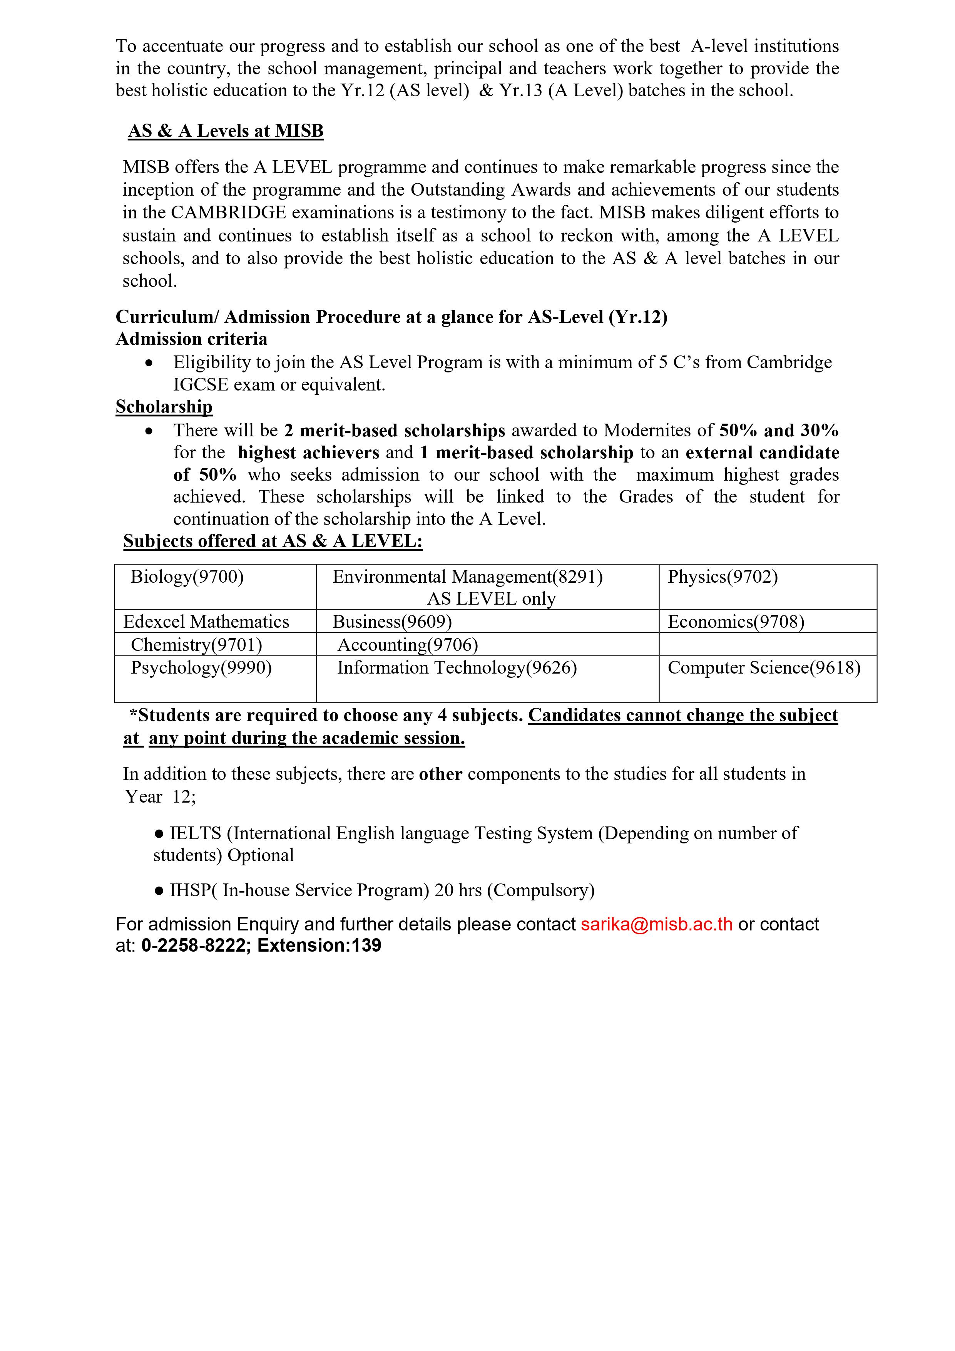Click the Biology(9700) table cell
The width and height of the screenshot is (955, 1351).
coord(187,577)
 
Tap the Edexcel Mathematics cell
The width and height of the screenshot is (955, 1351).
coord(206,622)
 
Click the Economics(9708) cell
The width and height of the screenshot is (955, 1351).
coord(736,622)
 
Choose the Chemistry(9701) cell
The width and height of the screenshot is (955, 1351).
coord(196,645)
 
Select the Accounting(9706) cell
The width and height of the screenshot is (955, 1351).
coord(408,645)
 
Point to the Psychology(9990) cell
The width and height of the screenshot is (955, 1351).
coord(201,668)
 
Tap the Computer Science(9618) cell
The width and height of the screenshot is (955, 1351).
coord(764,668)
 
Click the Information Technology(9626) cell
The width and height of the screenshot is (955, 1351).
coord(457,668)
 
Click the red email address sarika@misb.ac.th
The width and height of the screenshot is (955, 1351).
coord(656,924)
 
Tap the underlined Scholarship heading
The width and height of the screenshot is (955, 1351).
coord(164,407)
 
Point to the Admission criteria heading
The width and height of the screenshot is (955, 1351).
coord(191,339)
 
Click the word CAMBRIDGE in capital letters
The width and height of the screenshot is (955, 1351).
coord(228,213)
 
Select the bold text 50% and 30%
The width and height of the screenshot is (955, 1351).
coord(779,430)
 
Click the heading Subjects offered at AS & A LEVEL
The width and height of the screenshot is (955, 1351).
coord(273,541)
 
